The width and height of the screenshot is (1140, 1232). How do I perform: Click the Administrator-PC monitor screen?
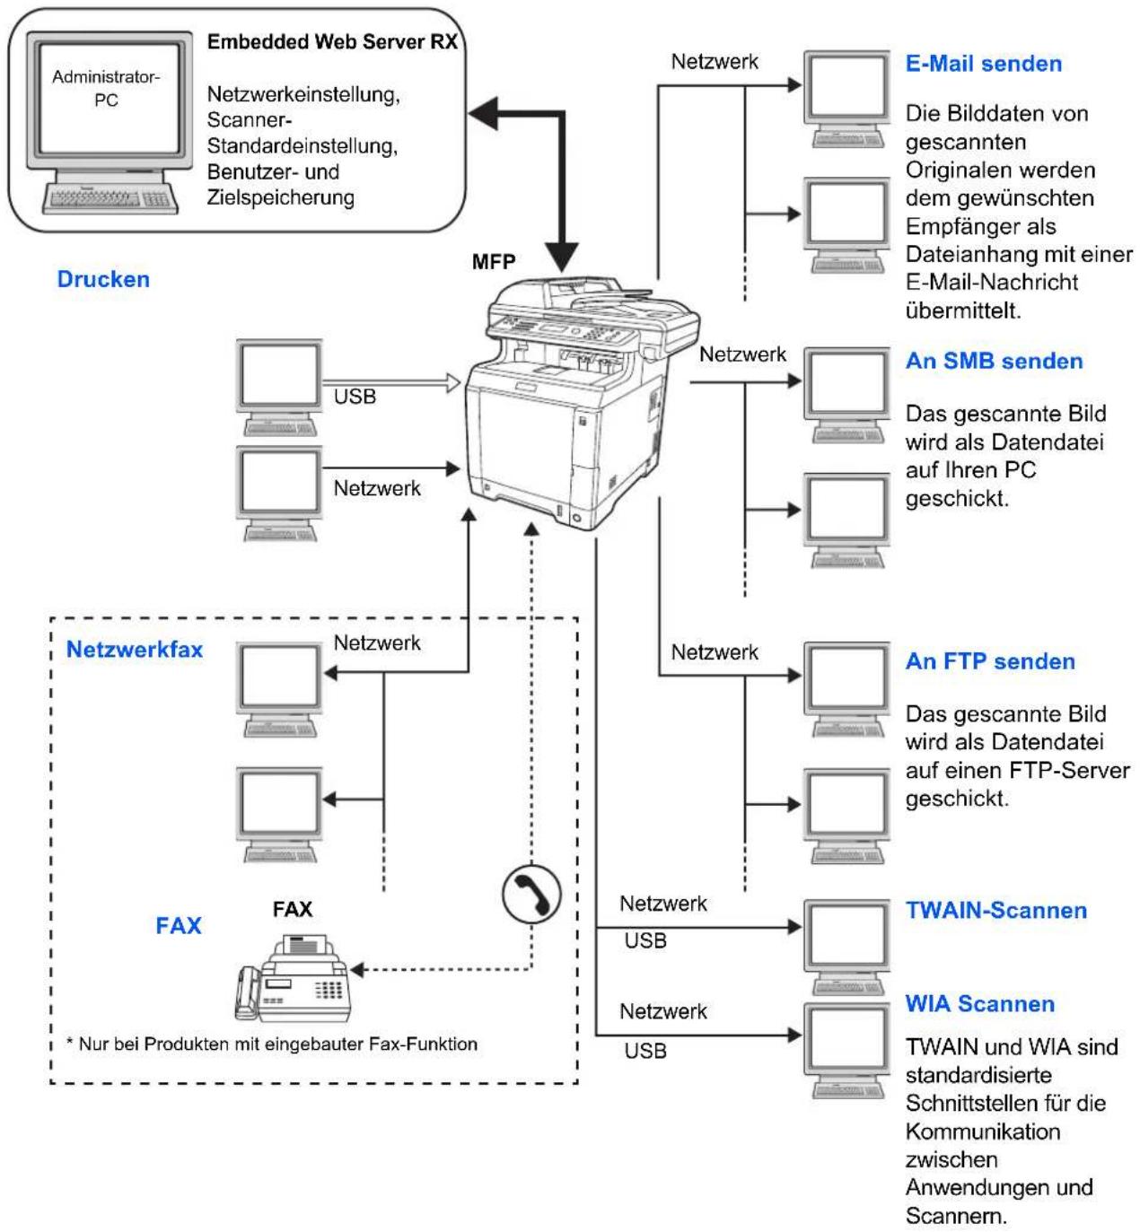[x=110, y=100]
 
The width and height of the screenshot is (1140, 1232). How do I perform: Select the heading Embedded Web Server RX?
[x=332, y=41]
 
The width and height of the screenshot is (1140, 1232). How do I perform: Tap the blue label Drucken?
[x=103, y=279]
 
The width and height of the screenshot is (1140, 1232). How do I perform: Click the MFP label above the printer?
[x=494, y=261]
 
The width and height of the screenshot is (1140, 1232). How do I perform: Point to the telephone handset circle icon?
[x=531, y=894]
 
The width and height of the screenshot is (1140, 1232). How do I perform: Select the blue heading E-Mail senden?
[x=984, y=64]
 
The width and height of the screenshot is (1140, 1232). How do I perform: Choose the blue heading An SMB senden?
[x=995, y=361]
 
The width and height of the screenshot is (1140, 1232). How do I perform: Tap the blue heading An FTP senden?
[x=990, y=660]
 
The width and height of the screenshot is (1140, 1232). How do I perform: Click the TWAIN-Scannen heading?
[x=996, y=910]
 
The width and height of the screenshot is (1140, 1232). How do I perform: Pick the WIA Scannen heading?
[x=980, y=1003]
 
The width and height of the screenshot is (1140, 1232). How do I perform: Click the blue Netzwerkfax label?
[x=135, y=649]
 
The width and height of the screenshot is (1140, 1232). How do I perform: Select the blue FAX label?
[x=179, y=925]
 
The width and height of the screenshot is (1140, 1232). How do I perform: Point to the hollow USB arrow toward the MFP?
[x=391, y=382]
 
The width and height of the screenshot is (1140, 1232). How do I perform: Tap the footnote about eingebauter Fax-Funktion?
[x=272, y=1044]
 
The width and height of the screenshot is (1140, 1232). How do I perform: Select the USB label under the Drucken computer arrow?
[x=355, y=397]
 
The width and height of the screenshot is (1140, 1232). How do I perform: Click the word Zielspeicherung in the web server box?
[x=280, y=197]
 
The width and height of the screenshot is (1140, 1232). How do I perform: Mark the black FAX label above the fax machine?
[x=293, y=909]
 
